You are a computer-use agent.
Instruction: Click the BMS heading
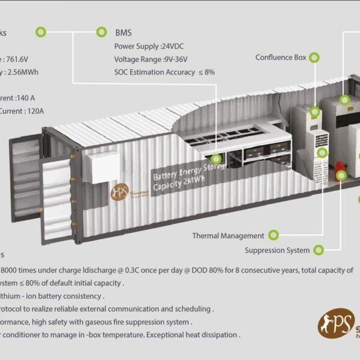click(124, 32)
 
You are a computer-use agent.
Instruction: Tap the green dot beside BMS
click(101, 32)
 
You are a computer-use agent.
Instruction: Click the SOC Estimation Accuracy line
click(164, 72)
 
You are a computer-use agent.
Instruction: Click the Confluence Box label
click(281, 58)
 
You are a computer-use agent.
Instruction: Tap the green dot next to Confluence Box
click(314, 58)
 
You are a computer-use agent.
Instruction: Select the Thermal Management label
click(228, 236)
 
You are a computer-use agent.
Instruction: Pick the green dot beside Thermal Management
click(274, 235)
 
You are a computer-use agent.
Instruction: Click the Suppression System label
click(277, 250)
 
